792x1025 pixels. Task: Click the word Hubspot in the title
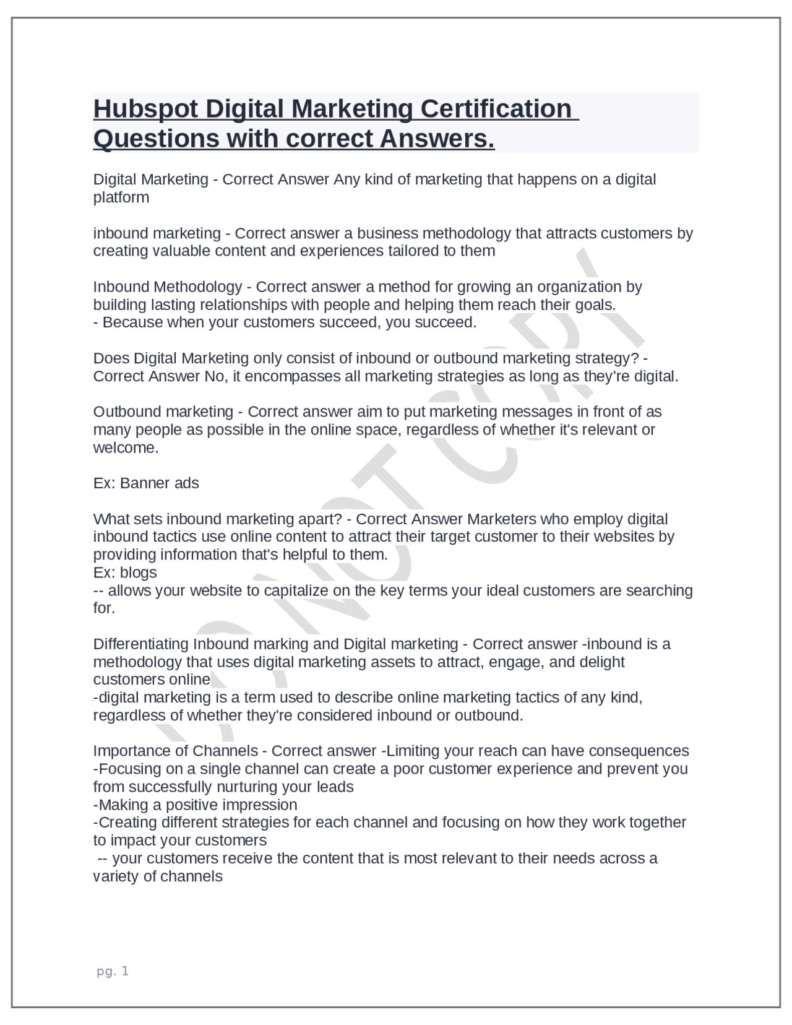145,110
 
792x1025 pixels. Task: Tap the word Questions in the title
156,139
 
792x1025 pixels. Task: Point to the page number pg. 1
113,971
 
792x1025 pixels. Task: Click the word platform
121,197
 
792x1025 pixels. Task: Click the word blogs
138,573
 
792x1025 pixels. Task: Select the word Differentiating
141,644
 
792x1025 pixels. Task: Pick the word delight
602,662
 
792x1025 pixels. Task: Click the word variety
115,876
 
